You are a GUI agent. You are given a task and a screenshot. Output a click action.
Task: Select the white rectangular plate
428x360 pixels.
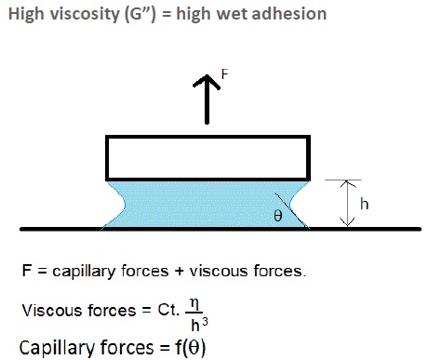click(207, 157)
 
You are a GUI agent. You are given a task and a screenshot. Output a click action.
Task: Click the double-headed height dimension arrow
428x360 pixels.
click(347, 203)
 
